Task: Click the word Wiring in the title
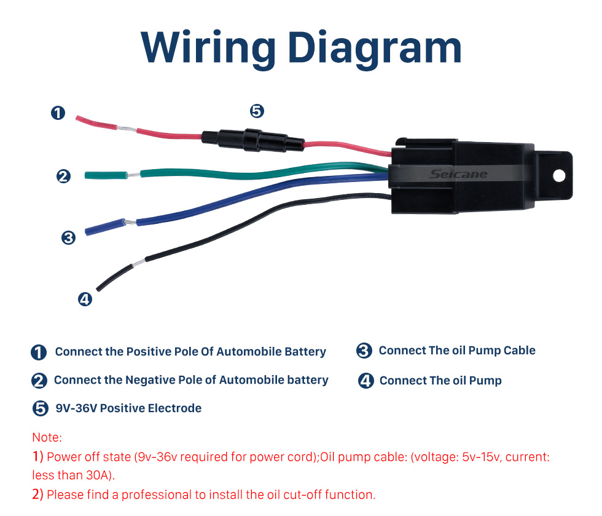click(x=208, y=48)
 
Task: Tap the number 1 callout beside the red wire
click(x=58, y=113)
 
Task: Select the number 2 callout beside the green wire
click(x=63, y=176)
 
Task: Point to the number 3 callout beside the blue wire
click(x=68, y=237)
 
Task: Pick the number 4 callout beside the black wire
click(x=85, y=299)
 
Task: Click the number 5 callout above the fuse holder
click(x=257, y=111)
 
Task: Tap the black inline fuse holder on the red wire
click(x=253, y=140)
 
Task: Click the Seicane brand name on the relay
click(x=458, y=174)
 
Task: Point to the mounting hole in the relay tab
click(x=560, y=176)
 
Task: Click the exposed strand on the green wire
click(x=134, y=175)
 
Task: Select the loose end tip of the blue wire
click(x=87, y=232)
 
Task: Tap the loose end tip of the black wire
click(x=98, y=289)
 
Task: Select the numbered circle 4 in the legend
click(x=365, y=381)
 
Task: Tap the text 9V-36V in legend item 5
click(x=76, y=408)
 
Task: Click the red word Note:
click(x=47, y=437)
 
